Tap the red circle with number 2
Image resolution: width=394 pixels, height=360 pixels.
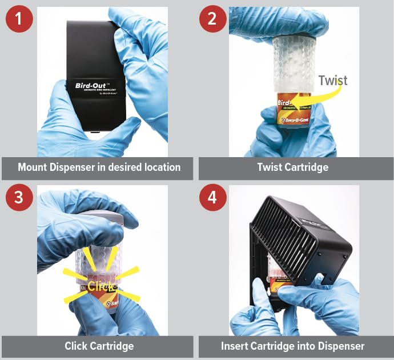click(x=213, y=19)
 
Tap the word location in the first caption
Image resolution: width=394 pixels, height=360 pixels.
click(x=162, y=167)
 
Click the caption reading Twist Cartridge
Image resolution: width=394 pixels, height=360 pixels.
click(x=296, y=167)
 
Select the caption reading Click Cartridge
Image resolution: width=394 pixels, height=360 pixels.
click(x=99, y=346)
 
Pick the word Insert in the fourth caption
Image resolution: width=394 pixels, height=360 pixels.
click(x=235, y=346)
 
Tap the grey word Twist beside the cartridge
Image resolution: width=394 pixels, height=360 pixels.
click(x=333, y=80)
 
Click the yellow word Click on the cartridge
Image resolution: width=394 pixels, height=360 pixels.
click(x=100, y=286)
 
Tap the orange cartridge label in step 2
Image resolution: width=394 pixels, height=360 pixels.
click(x=293, y=114)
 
